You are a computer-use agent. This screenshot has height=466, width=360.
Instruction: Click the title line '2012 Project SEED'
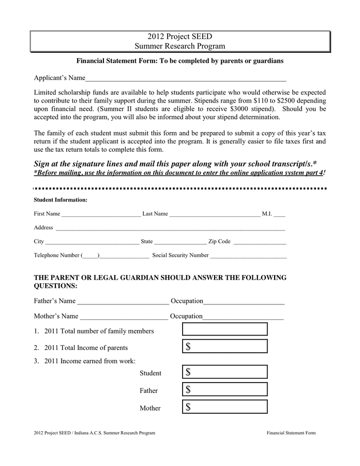[x=179, y=37]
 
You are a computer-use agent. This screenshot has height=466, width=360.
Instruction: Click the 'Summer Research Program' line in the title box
[x=179, y=46]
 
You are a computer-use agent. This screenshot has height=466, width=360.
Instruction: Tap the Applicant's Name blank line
[x=186, y=80]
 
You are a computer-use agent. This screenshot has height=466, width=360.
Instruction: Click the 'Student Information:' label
[x=61, y=199]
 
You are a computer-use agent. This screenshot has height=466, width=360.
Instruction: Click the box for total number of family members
[x=225, y=329]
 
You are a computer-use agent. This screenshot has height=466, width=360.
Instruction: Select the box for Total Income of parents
[x=225, y=346]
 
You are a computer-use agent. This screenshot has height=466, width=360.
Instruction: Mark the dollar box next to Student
[x=225, y=372]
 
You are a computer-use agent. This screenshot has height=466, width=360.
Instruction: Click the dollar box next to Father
[x=225, y=389]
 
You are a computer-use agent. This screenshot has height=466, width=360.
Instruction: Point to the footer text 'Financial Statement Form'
[x=291, y=433]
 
